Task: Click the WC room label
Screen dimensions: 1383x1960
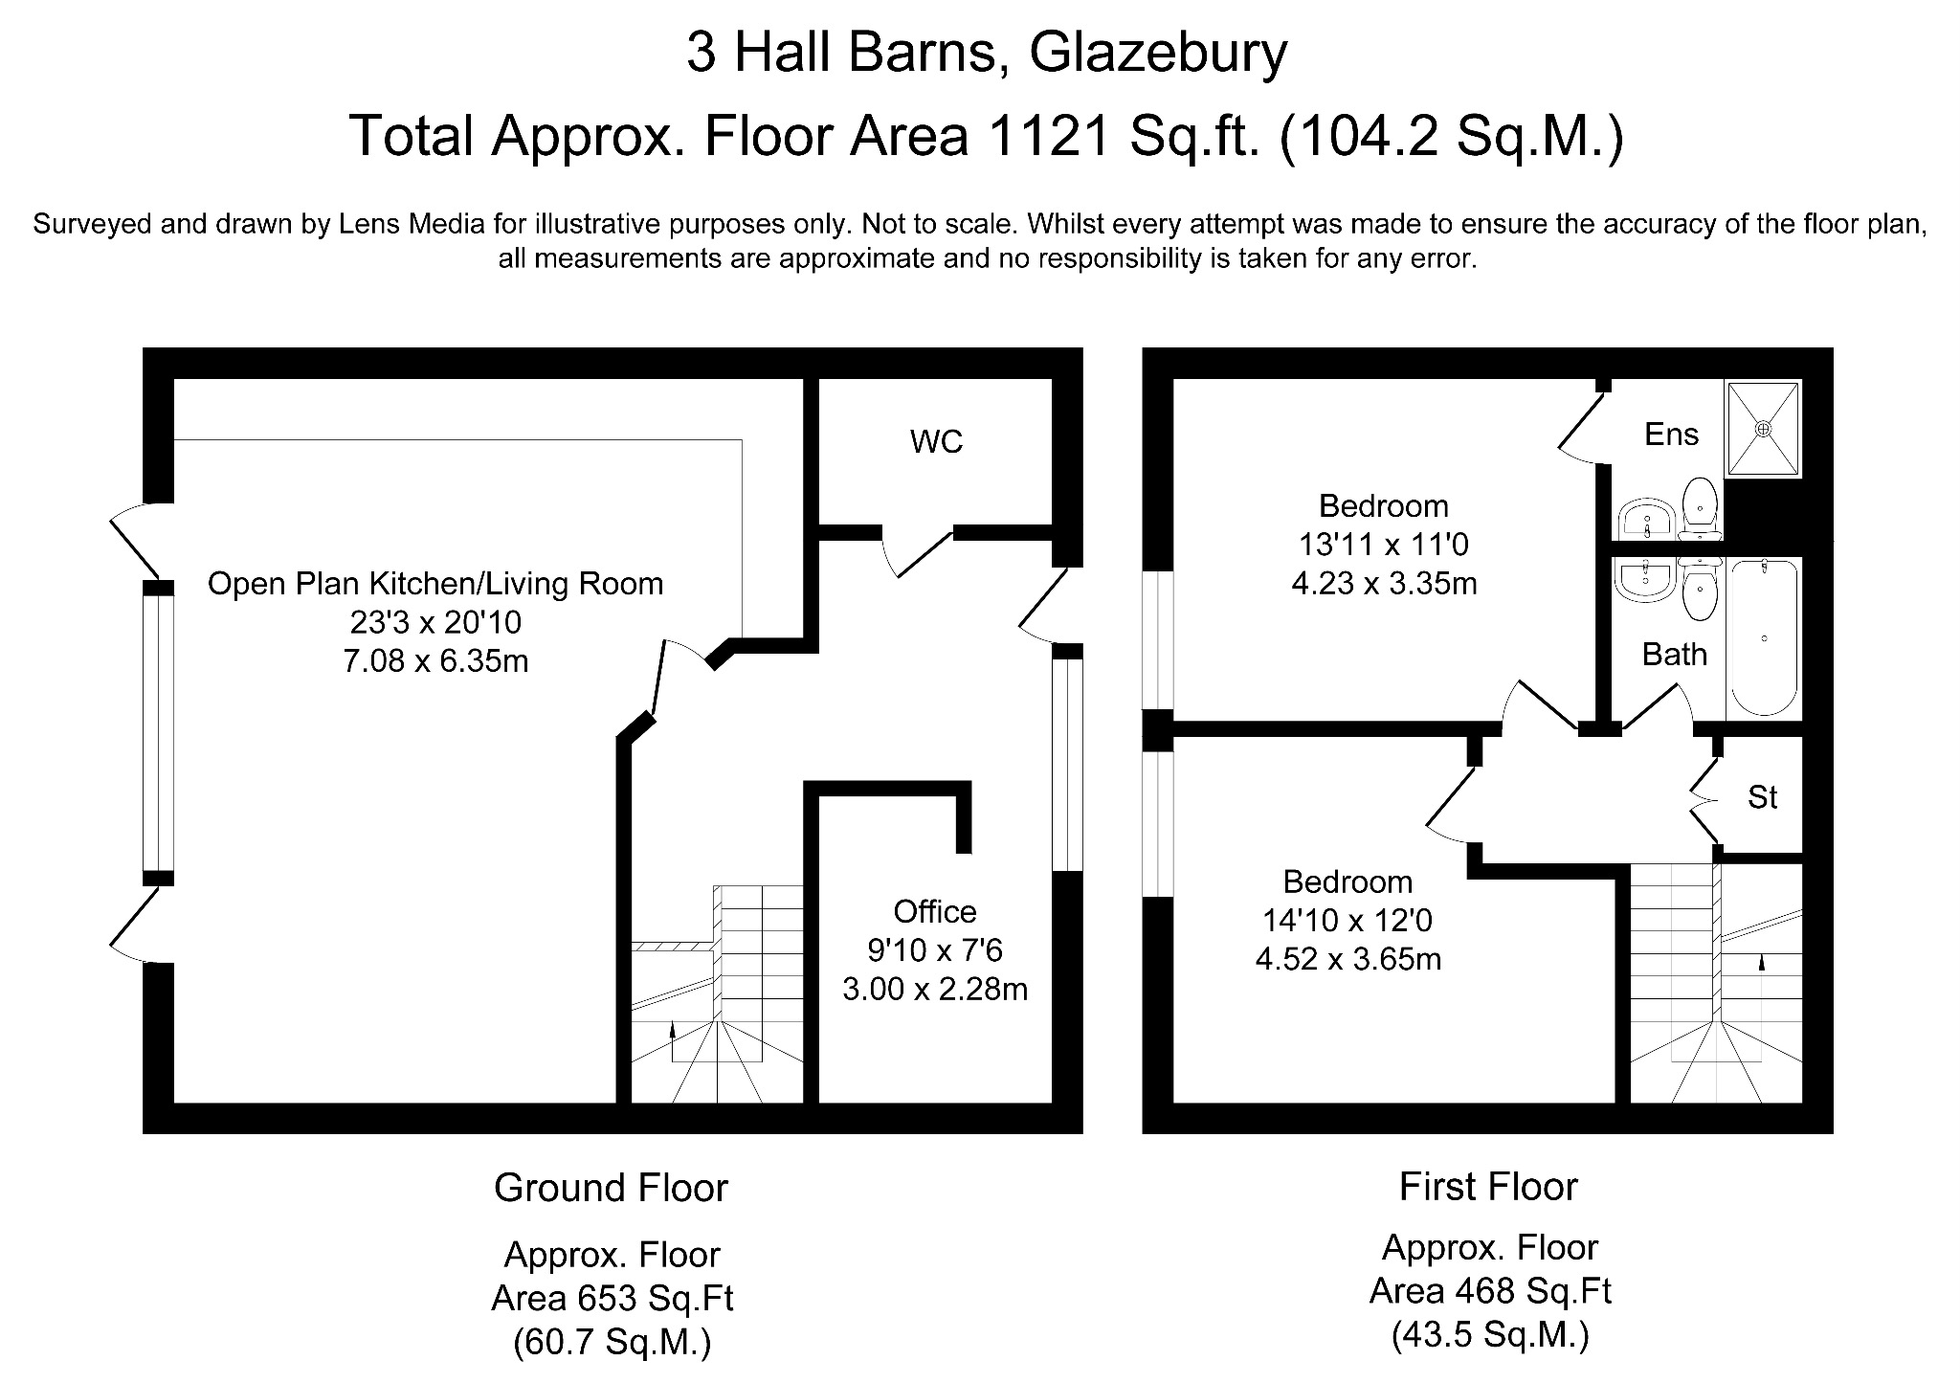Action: point(936,442)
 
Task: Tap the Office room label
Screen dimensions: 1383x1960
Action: point(934,911)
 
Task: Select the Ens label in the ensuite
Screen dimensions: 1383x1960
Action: point(1671,435)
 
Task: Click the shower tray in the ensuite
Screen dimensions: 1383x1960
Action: point(1763,429)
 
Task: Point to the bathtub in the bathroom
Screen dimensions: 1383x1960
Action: point(1764,637)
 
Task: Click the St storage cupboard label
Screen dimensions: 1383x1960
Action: point(1762,797)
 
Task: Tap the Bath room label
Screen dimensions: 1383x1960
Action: point(1674,655)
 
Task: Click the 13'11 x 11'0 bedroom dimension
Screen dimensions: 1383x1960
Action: point(1383,545)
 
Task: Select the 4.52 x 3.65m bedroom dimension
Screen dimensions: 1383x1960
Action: point(1347,959)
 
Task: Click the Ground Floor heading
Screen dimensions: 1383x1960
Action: point(611,1188)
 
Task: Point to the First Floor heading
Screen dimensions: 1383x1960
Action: point(1487,1187)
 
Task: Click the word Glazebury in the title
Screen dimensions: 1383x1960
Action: point(1157,53)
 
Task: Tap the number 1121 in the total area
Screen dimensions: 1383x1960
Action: point(1049,136)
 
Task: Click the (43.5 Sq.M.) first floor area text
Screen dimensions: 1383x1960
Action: point(1489,1334)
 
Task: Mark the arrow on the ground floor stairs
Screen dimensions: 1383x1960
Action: point(672,1032)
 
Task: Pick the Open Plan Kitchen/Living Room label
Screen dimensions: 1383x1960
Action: point(435,584)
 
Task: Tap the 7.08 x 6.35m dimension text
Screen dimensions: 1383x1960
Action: point(435,661)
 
